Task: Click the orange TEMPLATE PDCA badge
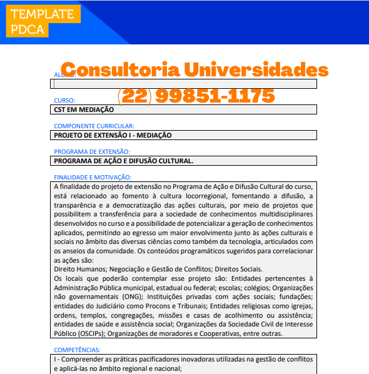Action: click(42, 22)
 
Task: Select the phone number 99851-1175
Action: click(215, 96)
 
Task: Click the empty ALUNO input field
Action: click(184, 84)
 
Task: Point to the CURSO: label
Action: click(64, 100)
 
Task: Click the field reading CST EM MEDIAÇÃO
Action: click(184, 109)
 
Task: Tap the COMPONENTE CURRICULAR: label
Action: click(94, 126)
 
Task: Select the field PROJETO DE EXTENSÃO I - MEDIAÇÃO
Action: click(184, 135)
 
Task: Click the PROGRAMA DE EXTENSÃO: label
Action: click(91, 151)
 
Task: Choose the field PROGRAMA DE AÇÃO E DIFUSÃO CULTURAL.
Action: click(184, 161)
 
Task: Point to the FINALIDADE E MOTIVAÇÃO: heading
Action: click(93, 177)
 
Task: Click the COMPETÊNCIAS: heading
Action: click(77, 350)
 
